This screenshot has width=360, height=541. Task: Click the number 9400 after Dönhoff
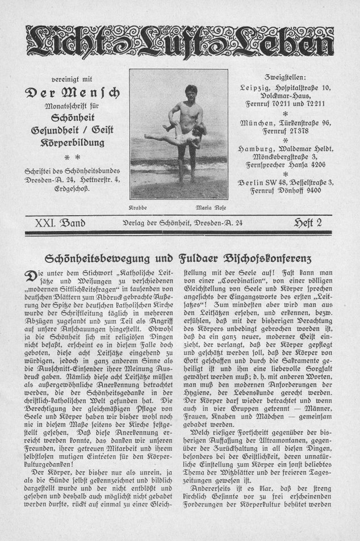point(309,190)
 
